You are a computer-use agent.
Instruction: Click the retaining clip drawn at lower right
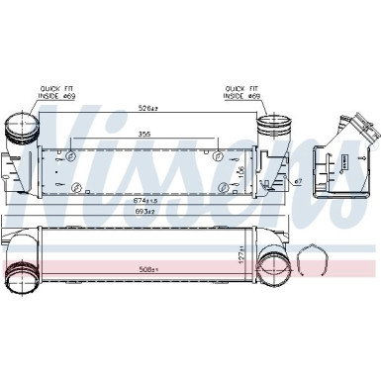[x=316, y=260]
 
